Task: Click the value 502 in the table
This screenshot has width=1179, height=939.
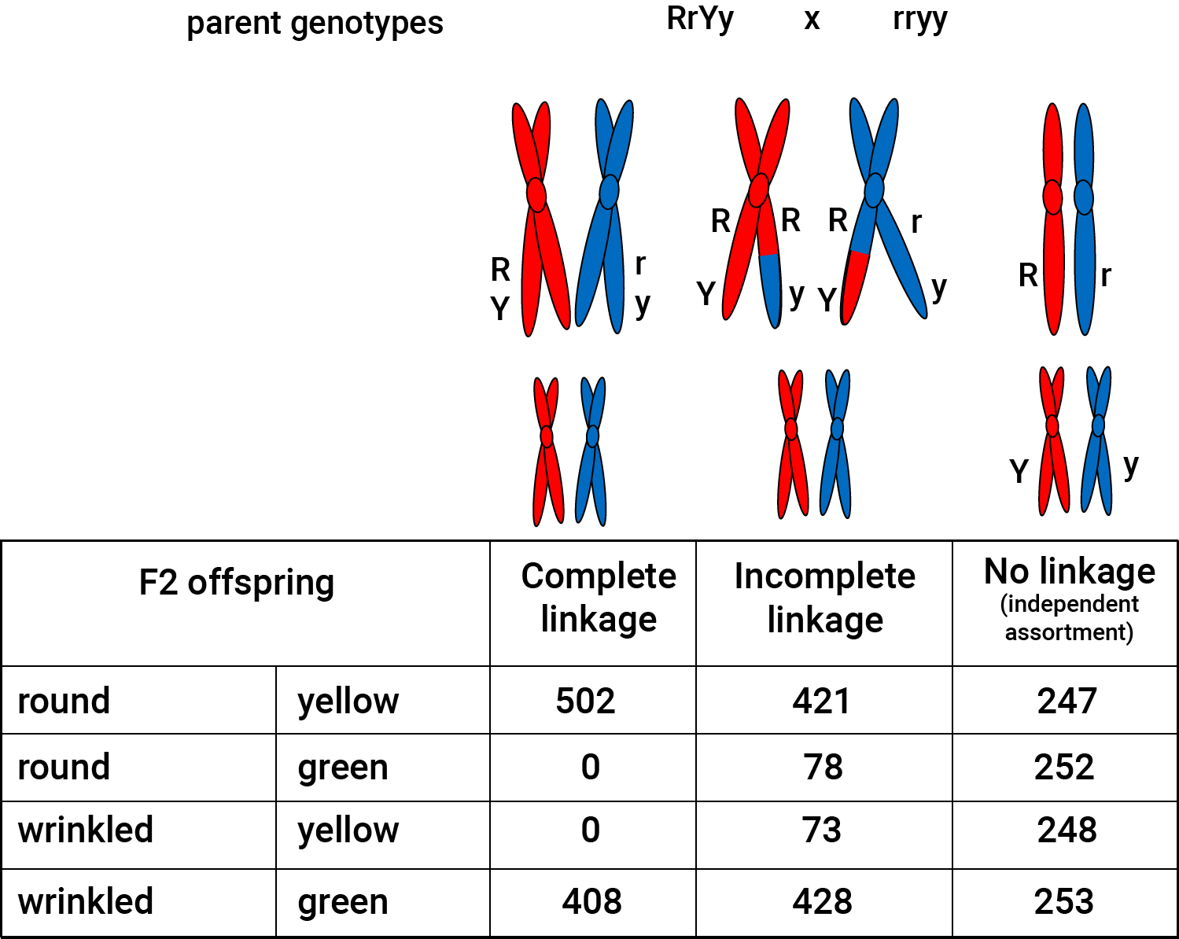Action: click(585, 701)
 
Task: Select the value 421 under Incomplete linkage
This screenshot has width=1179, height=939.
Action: click(821, 701)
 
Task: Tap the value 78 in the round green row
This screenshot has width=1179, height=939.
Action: click(823, 767)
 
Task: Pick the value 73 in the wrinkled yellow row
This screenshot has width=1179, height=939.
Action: click(822, 830)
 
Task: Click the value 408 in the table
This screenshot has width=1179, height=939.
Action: click(591, 901)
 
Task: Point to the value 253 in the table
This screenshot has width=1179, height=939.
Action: click(1064, 901)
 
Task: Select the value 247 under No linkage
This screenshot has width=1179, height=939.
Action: click(1067, 701)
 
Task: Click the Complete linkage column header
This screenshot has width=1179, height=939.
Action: click(599, 598)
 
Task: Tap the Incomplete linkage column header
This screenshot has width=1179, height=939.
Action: click(825, 598)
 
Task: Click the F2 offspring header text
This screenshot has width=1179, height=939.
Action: click(236, 583)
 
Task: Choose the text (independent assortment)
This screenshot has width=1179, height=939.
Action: click(1070, 618)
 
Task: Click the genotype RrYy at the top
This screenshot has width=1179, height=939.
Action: click(700, 20)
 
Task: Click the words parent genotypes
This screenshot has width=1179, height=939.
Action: click(315, 24)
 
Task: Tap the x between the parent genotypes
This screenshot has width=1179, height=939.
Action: click(812, 20)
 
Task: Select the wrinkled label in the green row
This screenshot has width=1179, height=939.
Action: click(86, 901)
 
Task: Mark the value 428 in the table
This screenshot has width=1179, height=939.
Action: click(823, 901)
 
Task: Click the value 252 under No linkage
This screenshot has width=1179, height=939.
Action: click(1064, 767)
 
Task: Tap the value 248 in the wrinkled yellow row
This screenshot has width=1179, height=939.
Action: click(1067, 830)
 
